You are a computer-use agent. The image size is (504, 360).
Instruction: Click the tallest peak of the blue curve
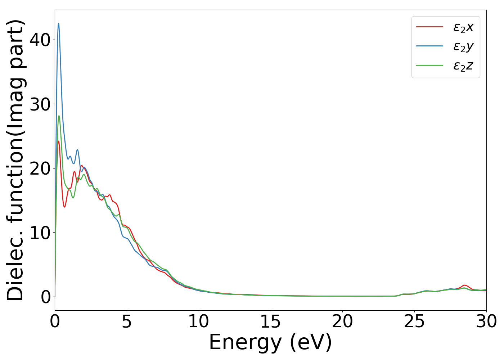coord(59,24)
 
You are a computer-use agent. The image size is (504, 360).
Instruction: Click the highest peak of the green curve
coord(59,116)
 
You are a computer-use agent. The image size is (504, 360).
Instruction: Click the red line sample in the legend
coord(429,27)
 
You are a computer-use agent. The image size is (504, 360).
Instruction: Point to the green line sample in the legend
coord(429,66)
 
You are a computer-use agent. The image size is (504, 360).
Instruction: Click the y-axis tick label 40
coord(40,40)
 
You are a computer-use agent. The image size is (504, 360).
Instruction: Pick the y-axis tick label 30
coord(40,104)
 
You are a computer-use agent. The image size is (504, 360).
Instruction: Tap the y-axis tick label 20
coord(40,168)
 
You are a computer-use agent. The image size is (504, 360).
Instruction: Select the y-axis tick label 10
coord(40,233)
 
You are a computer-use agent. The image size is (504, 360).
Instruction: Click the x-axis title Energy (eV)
coord(270,342)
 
